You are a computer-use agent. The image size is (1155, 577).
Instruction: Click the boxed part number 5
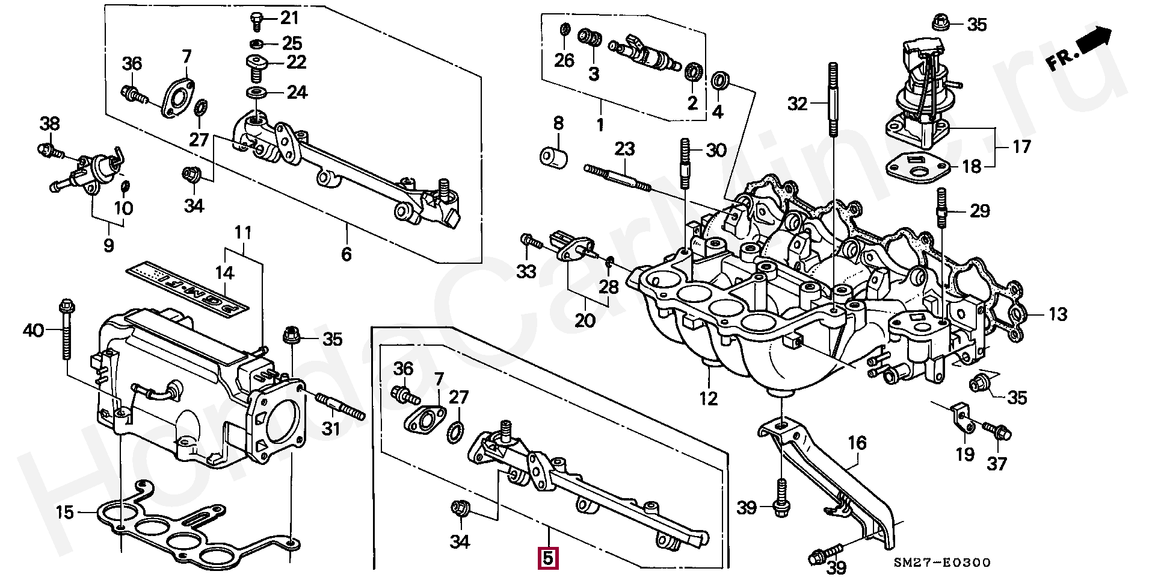click(548, 558)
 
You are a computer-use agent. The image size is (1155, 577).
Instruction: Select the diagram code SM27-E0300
click(941, 563)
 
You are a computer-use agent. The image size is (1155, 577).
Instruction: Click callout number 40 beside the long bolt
click(34, 330)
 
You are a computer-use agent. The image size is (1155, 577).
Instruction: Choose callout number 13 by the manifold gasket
click(1058, 314)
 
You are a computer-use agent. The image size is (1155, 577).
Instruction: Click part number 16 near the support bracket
click(857, 444)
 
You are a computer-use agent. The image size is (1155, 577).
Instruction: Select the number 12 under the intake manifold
click(709, 398)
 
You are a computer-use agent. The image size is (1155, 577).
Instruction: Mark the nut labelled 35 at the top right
click(939, 22)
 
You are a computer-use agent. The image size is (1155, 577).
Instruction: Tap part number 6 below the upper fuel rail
click(346, 254)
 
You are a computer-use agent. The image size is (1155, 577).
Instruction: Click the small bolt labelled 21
click(256, 20)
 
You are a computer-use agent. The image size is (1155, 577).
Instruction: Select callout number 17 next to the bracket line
click(1021, 146)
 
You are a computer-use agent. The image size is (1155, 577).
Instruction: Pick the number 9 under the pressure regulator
click(108, 246)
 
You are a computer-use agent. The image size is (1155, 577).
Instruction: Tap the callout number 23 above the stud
click(625, 148)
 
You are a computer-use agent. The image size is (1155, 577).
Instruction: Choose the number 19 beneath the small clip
click(965, 454)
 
